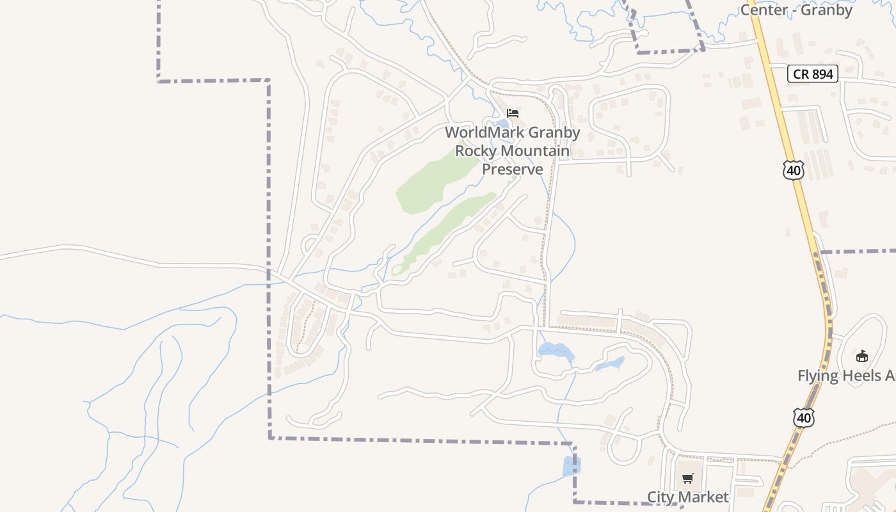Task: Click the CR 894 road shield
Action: tap(813, 74)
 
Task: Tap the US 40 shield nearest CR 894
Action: tap(794, 170)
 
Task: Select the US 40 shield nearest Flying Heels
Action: tap(804, 418)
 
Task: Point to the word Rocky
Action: tap(476, 151)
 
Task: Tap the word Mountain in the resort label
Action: tap(535, 151)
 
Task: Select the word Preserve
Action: tap(512, 169)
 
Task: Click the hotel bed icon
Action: tap(513, 113)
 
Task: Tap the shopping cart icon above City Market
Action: tap(688, 478)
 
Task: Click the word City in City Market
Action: tap(661, 497)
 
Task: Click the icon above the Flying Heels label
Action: tap(862, 356)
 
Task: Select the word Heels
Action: tap(869, 376)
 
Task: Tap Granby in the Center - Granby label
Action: tap(828, 10)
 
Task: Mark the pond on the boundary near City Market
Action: tap(569, 466)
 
